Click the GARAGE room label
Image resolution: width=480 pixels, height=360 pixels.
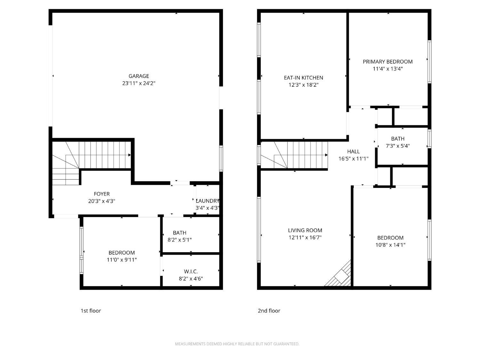(139, 76)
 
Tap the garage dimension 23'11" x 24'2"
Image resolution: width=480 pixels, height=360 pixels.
(139, 84)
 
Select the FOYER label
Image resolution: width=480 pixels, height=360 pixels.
(102, 194)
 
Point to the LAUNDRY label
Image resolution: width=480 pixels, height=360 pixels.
(207, 201)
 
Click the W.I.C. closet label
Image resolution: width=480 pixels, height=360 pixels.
(191, 272)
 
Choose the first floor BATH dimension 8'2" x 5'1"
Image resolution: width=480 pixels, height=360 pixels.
(180, 240)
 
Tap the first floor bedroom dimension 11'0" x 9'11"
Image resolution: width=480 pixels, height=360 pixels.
(122, 260)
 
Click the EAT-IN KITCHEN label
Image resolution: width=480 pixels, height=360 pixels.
(303, 78)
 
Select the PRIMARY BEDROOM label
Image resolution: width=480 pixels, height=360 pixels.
(388, 62)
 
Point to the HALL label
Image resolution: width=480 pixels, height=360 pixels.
(353, 151)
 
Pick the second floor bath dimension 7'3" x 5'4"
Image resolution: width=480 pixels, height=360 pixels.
(398, 146)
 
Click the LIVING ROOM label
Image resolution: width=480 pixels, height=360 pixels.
(305, 230)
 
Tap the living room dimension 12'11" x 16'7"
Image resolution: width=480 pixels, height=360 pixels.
(305, 237)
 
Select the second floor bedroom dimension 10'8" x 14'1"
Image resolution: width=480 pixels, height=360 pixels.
(390, 245)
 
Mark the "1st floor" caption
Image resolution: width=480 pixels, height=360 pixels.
(91, 311)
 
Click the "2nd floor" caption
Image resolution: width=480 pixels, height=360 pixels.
(269, 311)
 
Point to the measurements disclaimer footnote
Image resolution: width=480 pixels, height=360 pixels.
(237, 344)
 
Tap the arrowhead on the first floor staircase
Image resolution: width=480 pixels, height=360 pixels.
(130, 155)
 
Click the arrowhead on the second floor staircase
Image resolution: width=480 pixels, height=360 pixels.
(326, 155)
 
